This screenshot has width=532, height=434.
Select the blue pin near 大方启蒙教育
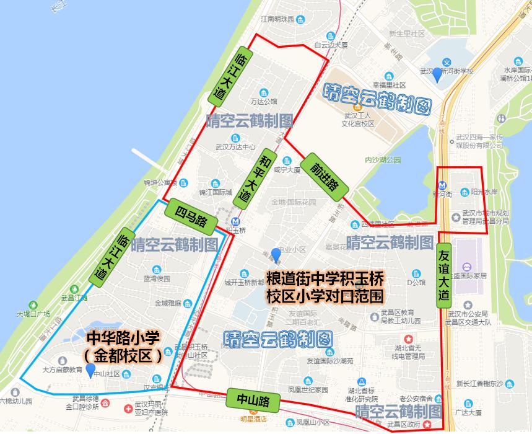[x=90, y=371]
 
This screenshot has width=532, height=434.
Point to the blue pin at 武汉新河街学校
[x=437, y=74]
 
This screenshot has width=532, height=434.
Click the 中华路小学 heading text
[x=123, y=338]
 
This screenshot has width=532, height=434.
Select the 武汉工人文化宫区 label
[x=359, y=120]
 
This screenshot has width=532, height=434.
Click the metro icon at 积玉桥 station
[x=235, y=221]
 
